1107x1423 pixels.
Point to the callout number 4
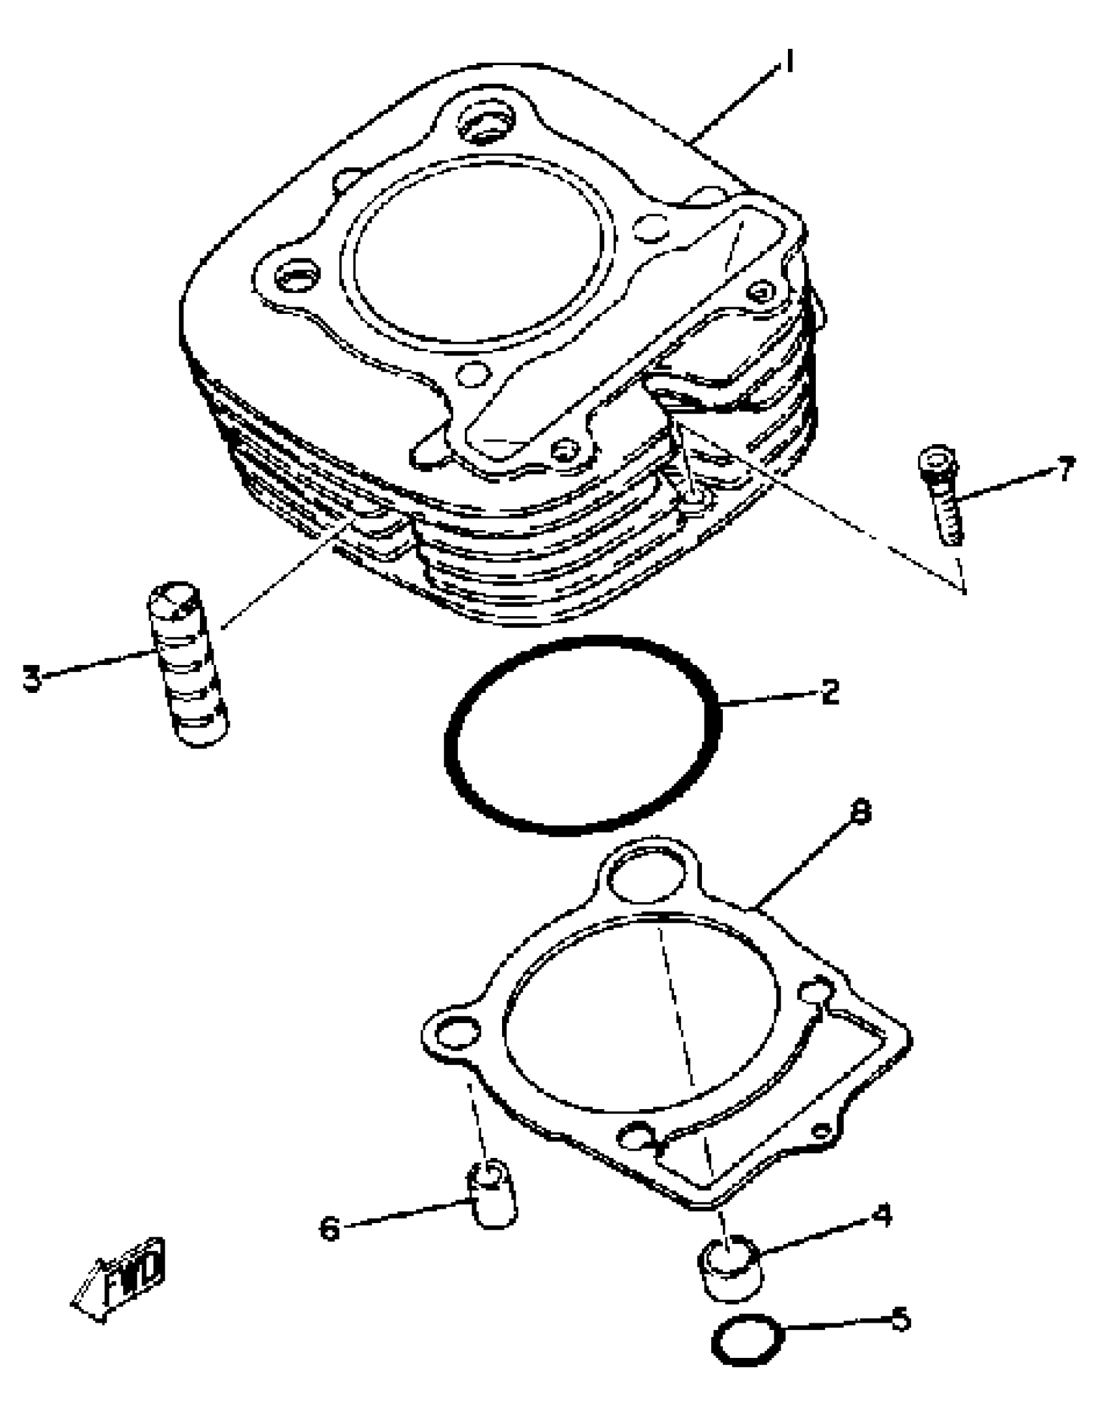pyautogui.click(x=882, y=1215)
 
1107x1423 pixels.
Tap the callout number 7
pyautogui.click(x=1065, y=469)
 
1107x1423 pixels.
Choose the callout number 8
pyautogui.click(x=861, y=813)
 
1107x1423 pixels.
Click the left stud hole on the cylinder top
pyautogui.click(x=297, y=275)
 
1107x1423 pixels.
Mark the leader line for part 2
pyautogui.click(x=769, y=701)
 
